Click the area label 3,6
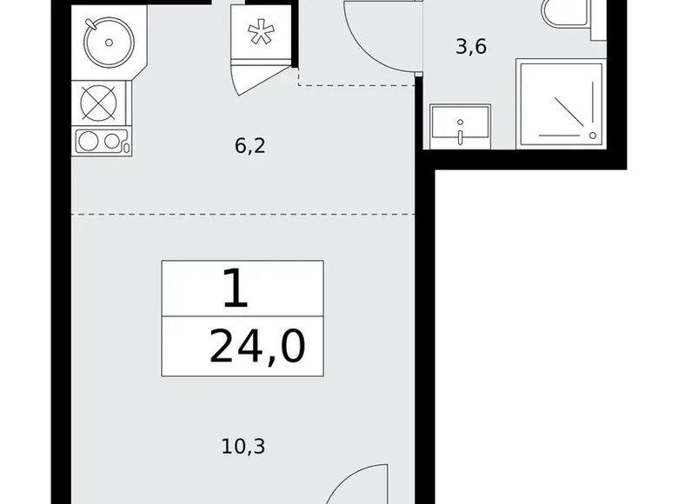(x=471, y=47)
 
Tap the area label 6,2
(x=250, y=146)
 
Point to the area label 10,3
(x=243, y=446)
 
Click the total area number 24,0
(x=257, y=347)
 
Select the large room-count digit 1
(x=236, y=288)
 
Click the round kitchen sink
(x=109, y=43)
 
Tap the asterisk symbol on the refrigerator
(x=261, y=33)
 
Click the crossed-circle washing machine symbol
(x=98, y=103)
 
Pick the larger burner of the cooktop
(x=89, y=142)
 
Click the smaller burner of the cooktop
(x=111, y=141)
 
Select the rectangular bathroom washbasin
(x=460, y=126)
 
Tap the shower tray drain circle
(x=593, y=136)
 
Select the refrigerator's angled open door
(x=260, y=80)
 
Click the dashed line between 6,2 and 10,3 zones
(x=243, y=214)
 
